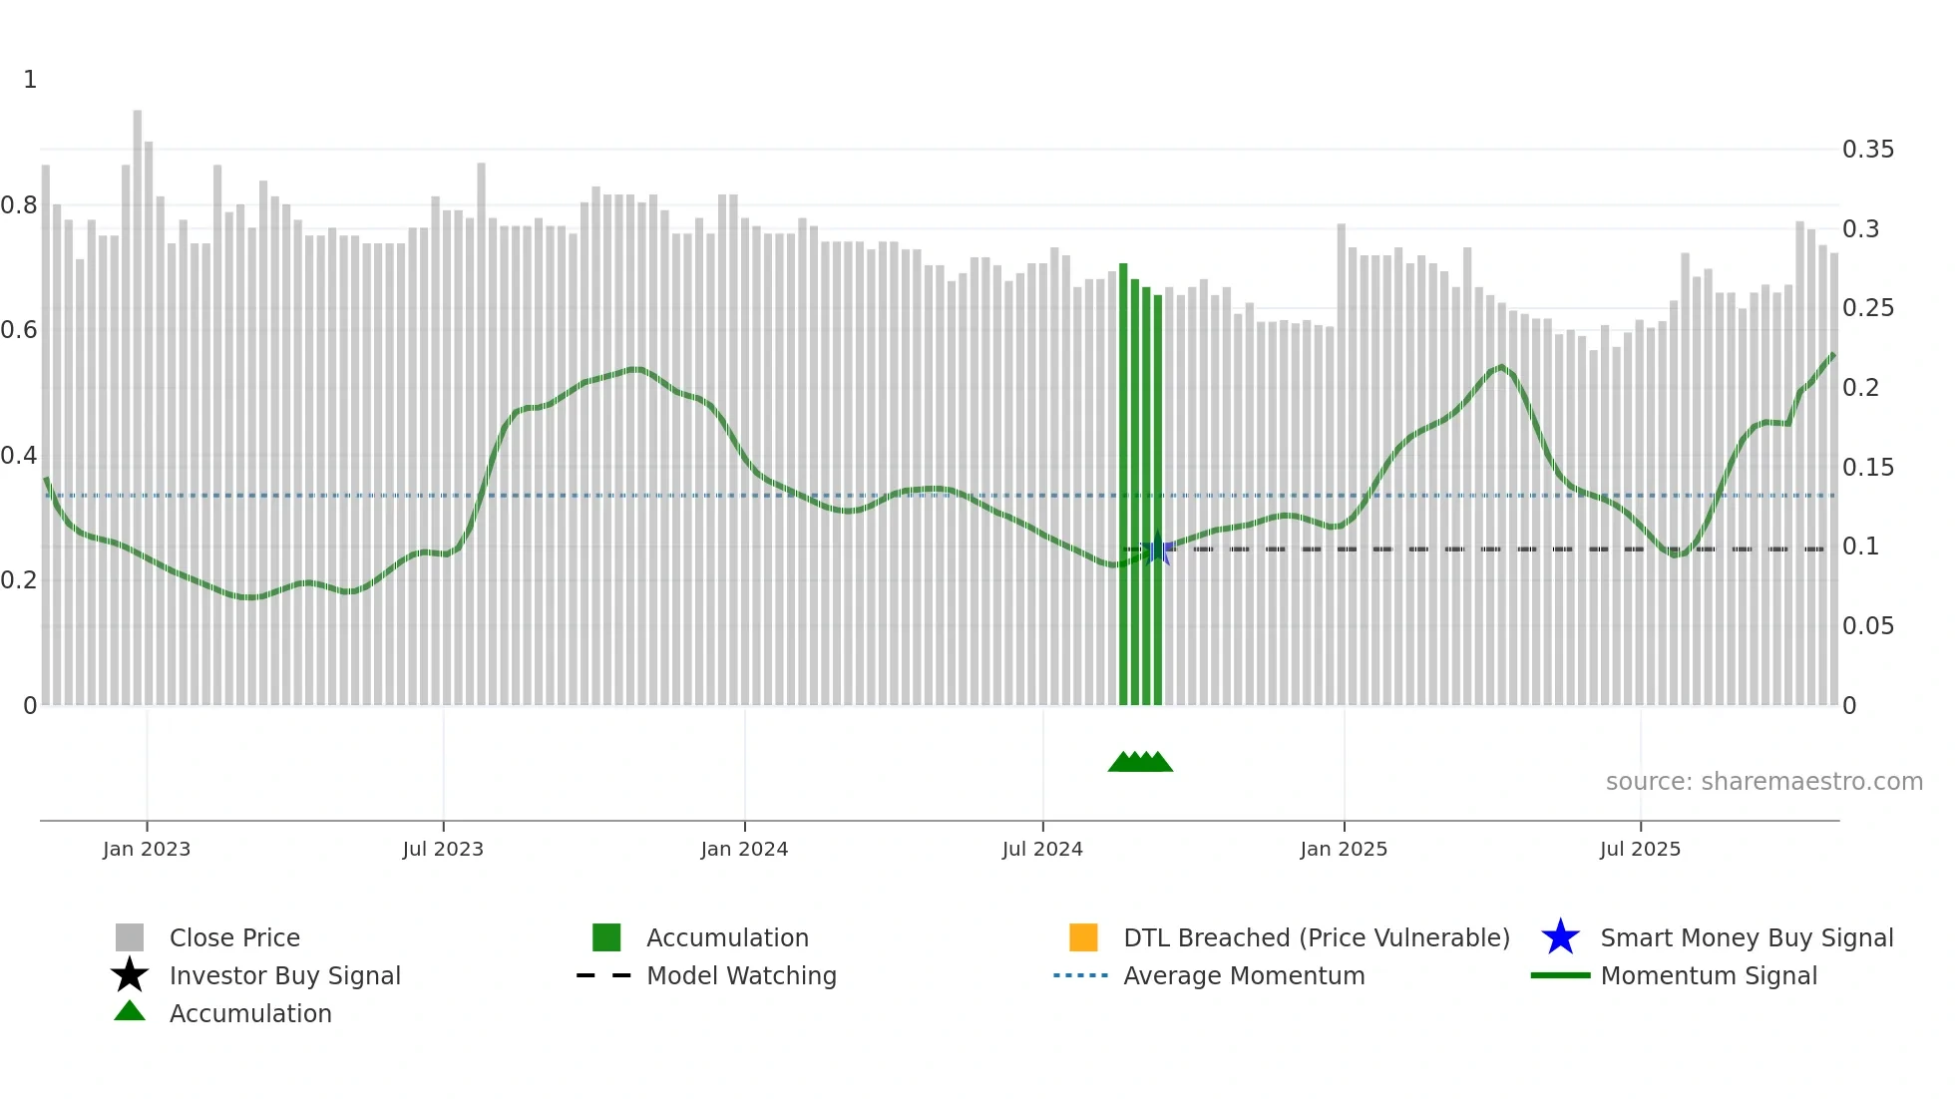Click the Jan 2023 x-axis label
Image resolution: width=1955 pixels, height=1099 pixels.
click(x=147, y=849)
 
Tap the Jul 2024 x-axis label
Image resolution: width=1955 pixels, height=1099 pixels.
click(x=1042, y=849)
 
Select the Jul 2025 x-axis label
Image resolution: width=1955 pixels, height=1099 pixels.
click(x=1640, y=849)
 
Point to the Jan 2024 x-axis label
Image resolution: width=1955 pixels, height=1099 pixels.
click(x=744, y=849)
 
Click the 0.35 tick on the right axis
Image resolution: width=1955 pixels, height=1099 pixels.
click(x=1867, y=150)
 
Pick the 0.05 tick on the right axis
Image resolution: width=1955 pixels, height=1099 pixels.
click(x=1867, y=626)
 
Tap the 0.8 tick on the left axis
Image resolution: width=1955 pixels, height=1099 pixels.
click(x=19, y=205)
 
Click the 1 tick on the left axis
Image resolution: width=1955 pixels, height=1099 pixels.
click(x=30, y=80)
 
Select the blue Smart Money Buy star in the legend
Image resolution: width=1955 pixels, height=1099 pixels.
click(x=1560, y=937)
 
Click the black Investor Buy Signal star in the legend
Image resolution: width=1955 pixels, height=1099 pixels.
click(x=130, y=975)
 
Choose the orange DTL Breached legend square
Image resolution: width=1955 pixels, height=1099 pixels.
click(x=1083, y=937)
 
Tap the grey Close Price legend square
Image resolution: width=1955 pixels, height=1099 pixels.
click(x=130, y=937)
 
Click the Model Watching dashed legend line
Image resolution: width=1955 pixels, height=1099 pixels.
click(x=603, y=975)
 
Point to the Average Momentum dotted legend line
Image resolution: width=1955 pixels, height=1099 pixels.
click(x=1080, y=975)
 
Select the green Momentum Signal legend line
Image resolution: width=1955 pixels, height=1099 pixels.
click(x=1560, y=975)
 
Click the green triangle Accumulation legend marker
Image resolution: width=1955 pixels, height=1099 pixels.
click(x=130, y=1011)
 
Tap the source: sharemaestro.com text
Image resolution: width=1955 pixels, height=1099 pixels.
click(x=1763, y=782)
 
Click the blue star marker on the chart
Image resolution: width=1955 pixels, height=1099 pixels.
click(x=1157, y=550)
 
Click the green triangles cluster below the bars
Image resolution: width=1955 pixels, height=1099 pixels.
click(x=1140, y=762)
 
